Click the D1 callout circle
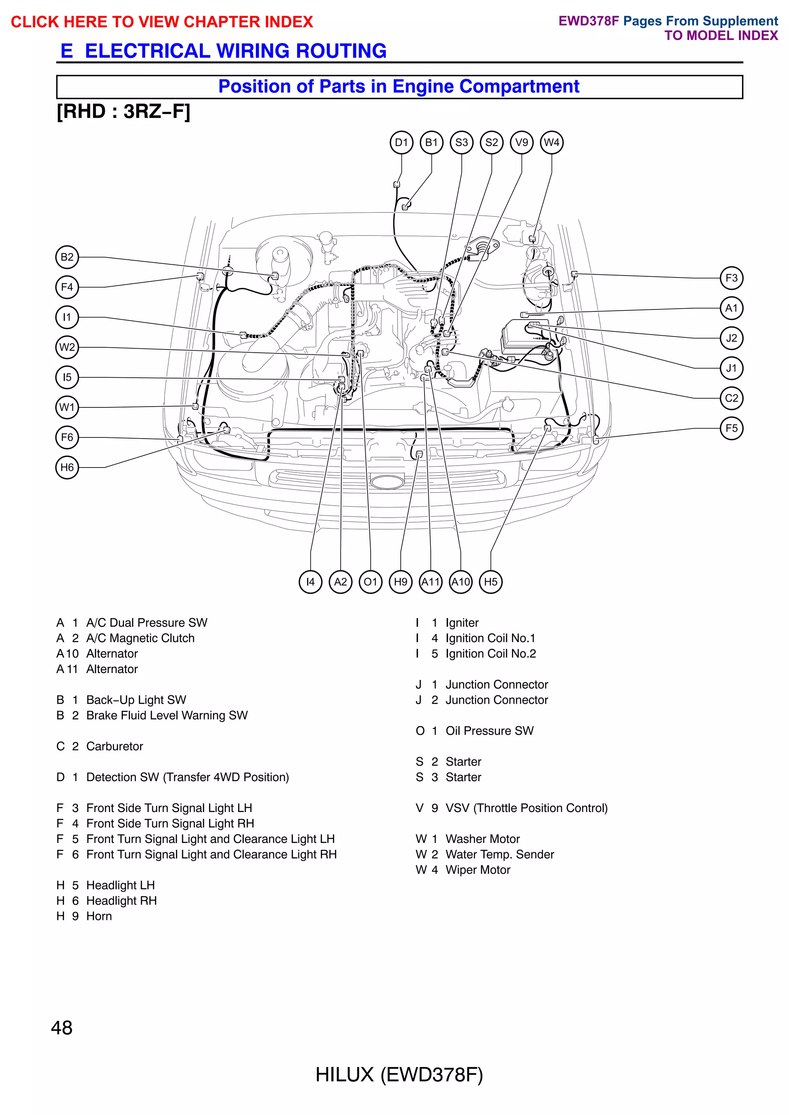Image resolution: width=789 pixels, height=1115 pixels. point(401,143)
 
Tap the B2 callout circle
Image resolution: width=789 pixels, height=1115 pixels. point(67,257)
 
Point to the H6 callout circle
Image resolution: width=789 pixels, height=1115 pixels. point(67,468)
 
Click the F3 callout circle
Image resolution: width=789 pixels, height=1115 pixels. point(731,278)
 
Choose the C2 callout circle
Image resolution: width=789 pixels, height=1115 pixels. point(731,398)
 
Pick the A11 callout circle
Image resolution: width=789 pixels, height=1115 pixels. point(430,582)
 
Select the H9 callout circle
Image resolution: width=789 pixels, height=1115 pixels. point(400,582)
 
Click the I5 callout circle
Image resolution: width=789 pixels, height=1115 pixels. point(67,377)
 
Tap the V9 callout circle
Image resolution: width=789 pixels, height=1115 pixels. point(521,143)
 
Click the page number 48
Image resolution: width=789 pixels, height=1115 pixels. point(62,1028)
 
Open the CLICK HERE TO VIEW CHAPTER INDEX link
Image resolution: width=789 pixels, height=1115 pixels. point(162,22)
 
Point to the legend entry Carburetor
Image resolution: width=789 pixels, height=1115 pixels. point(115,746)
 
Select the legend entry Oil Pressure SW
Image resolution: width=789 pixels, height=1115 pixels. point(489,730)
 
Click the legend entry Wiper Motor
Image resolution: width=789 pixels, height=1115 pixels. point(478,869)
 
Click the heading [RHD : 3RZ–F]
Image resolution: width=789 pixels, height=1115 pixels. point(123,112)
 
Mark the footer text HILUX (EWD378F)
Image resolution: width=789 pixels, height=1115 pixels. point(399,1075)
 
